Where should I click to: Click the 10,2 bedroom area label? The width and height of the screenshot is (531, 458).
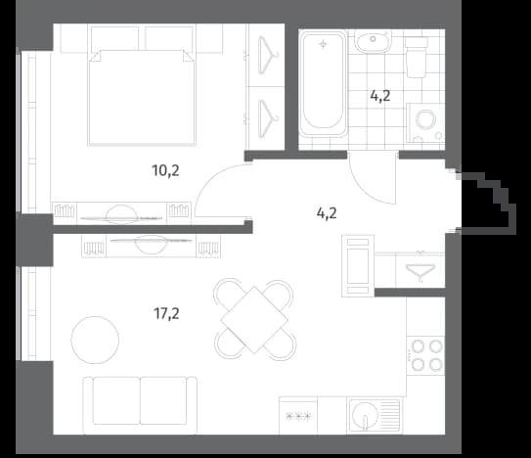pyautogui.click(x=165, y=170)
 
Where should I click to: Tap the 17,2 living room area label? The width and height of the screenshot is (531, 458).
pyautogui.click(x=166, y=314)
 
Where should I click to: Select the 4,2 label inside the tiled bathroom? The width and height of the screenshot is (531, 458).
pyautogui.click(x=380, y=96)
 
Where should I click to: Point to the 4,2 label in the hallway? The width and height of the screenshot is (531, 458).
pyautogui.click(x=327, y=213)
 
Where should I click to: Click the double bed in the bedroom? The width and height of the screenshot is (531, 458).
pyautogui.click(x=142, y=98)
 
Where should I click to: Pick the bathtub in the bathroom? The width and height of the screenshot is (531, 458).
pyautogui.click(x=324, y=83)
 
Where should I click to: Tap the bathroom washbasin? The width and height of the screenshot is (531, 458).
pyautogui.click(x=373, y=41)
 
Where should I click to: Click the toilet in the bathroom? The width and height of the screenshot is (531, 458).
pyautogui.click(x=417, y=57)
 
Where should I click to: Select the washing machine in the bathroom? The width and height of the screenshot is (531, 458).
pyautogui.click(x=425, y=122)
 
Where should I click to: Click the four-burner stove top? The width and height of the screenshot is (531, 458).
pyautogui.click(x=425, y=355)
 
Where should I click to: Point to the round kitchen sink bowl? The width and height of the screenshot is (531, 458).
pyautogui.click(x=365, y=414)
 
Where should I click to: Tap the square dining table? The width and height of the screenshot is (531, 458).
pyautogui.click(x=254, y=319)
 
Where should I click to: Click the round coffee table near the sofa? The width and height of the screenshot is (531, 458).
pyautogui.click(x=95, y=340)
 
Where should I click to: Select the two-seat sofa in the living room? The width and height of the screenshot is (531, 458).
pyautogui.click(x=140, y=405)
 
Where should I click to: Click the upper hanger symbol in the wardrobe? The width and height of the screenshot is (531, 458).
pyautogui.click(x=268, y=54)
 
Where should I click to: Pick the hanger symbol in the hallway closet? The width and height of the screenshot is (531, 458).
pyautogui.click(x=420, y=271)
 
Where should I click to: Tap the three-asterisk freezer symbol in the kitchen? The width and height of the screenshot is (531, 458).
pyautogui.click(x=298, y=416)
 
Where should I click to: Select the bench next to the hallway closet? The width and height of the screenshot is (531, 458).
pyautogui.click(x=358, y=266)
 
